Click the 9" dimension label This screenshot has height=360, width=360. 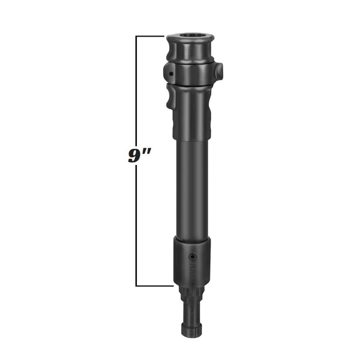[139, 155]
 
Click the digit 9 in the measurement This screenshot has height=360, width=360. [134, 155]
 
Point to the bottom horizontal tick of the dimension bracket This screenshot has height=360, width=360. [155, 286]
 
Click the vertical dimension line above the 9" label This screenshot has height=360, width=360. [137, 90]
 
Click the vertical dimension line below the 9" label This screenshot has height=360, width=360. [137, 228]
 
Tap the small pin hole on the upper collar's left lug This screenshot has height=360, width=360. [171, 74]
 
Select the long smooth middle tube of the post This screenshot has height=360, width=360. [191, 186]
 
